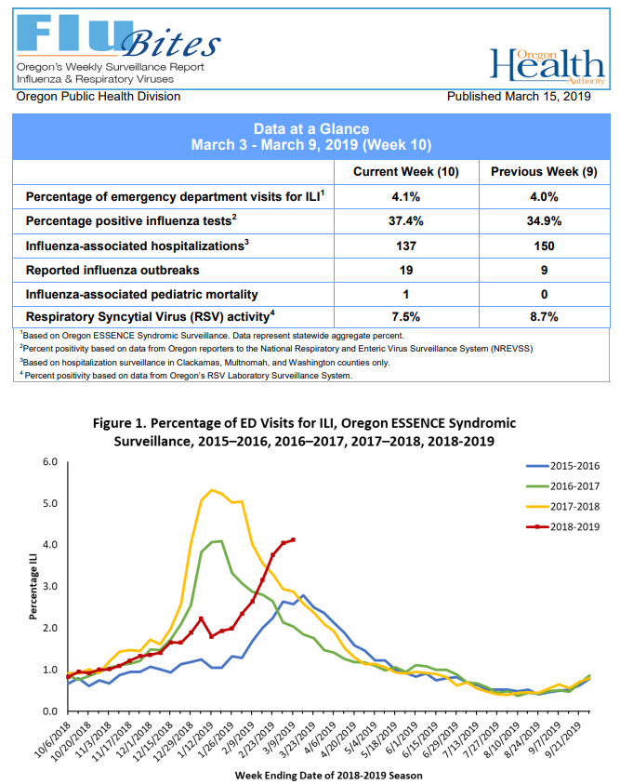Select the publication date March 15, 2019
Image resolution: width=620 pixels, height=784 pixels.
tap(519, 96)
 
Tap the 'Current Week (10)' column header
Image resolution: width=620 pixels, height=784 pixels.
tap(405, 172)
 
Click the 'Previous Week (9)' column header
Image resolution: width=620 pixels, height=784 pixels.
tap(544, 172)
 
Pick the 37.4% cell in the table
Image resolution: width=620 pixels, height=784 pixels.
tap(405, 221)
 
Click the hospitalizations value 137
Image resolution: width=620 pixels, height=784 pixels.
tap(405, 246)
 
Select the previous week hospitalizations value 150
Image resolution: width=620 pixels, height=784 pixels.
tap(544, 246)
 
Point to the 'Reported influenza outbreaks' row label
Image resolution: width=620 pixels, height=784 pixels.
tap(112, 270)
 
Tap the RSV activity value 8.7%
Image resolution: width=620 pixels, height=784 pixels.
tap(544, 317)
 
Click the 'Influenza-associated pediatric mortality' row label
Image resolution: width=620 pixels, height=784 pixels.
tap(141, 294)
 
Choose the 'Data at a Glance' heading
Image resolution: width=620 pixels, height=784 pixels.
tap(310, 129)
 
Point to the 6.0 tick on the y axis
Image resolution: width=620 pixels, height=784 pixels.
tap(49, 462)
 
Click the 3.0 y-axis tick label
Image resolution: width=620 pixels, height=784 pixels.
tap(49, 587)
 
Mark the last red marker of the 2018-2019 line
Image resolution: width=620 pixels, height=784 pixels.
tap(293, 539)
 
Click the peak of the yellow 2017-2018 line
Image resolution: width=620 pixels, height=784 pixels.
tap(213, 490)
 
